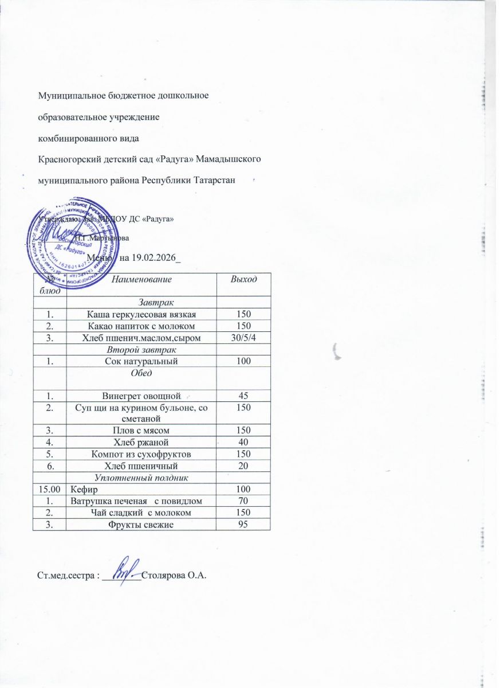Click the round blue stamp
(x=68, y=241)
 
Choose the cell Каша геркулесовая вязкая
(x=141, y=314)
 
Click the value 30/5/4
(x=243, y=337)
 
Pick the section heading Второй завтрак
(x=141, y=349)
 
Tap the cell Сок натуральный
(x=141, y=361)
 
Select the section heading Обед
(x=141, y=373)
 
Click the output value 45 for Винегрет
(x=243, y=396)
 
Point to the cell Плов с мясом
(x=141, y=430)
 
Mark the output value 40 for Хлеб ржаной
(x=243, y=442)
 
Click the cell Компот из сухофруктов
(x=141, y=454)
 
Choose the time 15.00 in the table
(x=49, y=489)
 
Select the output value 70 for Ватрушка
(x=243, y=501)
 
